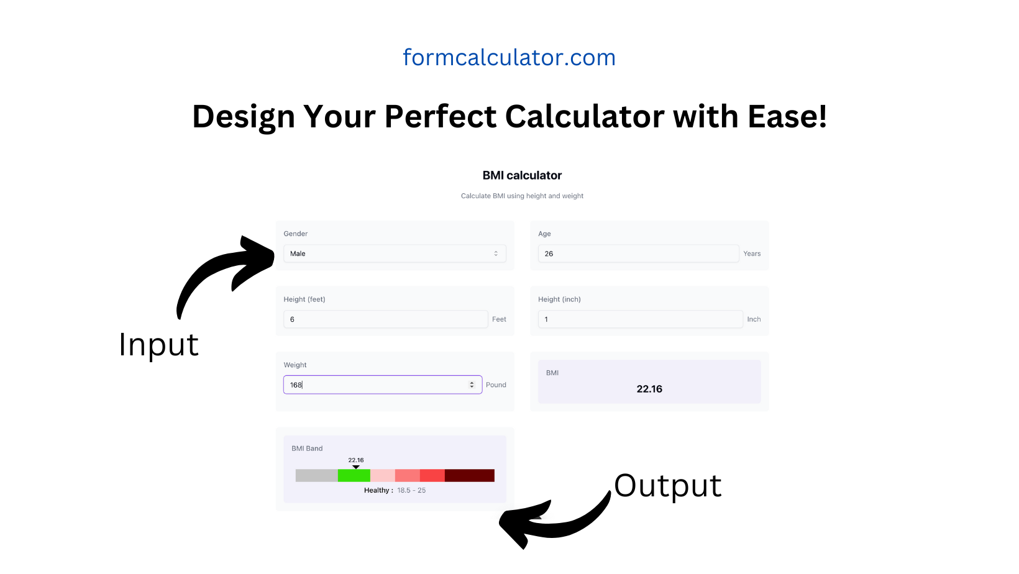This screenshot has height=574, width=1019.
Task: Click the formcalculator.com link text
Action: (x=509, y=57)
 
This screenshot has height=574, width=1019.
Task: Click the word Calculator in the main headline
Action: (x=585, y=116)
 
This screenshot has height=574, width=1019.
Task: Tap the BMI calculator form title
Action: (x=522, y=175)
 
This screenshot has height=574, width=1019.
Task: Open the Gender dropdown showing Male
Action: (x=395, y=253)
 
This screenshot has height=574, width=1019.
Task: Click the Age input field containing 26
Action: (x=638, y=253)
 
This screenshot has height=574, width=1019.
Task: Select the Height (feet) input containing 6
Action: (x=385, y=319)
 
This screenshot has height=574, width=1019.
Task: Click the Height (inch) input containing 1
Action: (x=640, y=319)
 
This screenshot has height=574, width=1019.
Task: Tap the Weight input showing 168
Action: (x=383, y=385)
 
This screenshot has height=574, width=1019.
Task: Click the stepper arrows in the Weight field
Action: (x=472, y=385)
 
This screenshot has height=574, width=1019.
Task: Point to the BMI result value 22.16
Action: (x=649, y=389)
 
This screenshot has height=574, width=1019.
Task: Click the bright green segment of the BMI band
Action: (x=354, y=475)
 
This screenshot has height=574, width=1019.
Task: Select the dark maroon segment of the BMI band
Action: (x=470, y=475)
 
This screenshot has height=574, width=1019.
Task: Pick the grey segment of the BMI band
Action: (x=317, y=475)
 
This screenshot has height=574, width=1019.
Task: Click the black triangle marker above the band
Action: (x=356, y=467)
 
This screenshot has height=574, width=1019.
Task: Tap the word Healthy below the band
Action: (x=377, y=490)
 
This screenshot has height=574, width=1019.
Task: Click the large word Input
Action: (x=158, y=345)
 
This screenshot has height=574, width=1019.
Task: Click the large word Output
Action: (x=667, y=486)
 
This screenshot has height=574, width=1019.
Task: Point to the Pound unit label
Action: (x=496, y=385)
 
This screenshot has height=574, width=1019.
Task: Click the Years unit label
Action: (x=752, y=254)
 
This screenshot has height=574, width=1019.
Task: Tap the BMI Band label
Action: (x=307, y=449)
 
